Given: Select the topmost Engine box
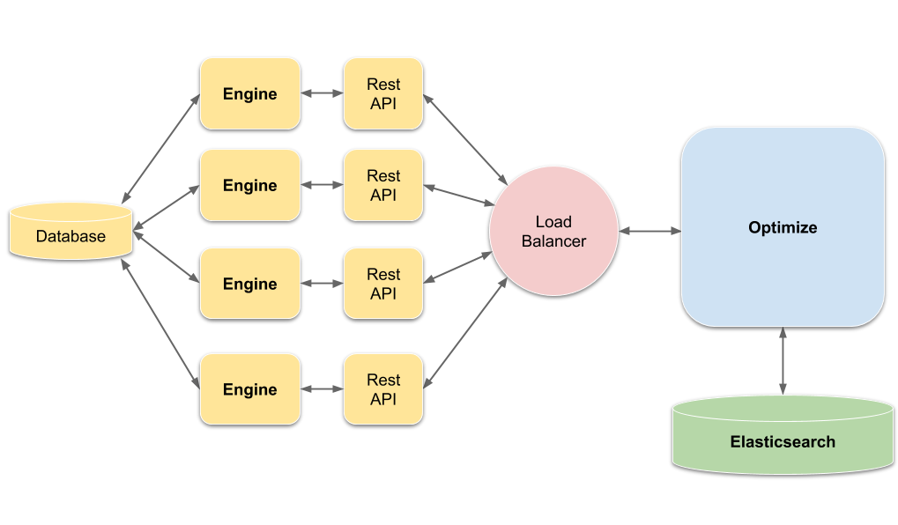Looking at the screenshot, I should [250, 93].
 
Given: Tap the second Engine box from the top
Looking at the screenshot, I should [250, 185].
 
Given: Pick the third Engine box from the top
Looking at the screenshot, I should [250, 284].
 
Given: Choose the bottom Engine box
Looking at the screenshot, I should [250, 389].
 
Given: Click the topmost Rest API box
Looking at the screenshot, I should [383, 93].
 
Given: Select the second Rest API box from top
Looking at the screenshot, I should [383, 185].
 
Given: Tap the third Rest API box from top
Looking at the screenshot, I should [383, 284].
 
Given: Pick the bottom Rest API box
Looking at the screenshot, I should [383, 389].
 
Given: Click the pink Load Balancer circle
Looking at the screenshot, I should [553, 232].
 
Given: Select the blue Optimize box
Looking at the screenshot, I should [783, 227].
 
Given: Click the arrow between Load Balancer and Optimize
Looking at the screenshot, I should [649, 231].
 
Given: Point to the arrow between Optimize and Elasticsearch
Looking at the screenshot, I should [783, 361].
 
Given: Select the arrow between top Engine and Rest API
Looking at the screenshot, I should [322, 92].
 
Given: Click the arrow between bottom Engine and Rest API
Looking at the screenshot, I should [322, 388].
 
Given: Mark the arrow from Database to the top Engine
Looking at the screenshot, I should [160, 147].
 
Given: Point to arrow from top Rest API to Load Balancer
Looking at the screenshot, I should [465, 137].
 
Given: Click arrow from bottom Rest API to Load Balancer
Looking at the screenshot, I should [465, 333].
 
